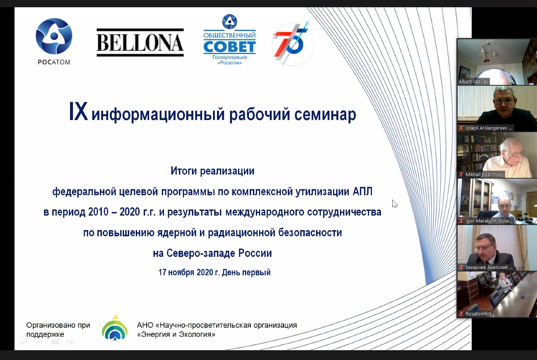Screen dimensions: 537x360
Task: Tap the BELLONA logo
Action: (x=140, y=43)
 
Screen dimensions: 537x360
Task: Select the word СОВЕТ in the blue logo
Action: (x=229, y=46)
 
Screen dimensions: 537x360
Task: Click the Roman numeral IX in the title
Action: (x=78, y=112)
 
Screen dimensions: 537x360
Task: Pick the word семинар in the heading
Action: (x=325, y=115)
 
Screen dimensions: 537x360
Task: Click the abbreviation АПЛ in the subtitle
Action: (x=362, y=192)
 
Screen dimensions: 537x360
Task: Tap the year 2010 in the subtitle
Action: (x=98, y=212)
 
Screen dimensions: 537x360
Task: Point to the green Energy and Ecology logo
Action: (x=115, y=327)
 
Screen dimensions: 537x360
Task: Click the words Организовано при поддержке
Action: (x=58, y=330)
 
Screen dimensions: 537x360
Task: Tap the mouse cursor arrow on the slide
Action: (x=395, y=204)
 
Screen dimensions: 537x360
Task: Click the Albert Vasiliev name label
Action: (x=474, y=82)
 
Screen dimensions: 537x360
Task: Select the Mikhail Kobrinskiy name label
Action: (x=484, y=174)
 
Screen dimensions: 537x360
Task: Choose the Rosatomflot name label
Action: (x=478, y=314)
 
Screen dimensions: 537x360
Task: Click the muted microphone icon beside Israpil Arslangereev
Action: (x=461, y=128)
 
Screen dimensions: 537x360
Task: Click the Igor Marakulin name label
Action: (x=489, y=221)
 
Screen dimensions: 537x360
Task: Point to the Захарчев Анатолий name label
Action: (x=489, y=267)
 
